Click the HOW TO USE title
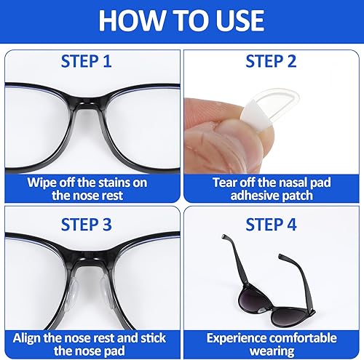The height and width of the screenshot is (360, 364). (181, 20)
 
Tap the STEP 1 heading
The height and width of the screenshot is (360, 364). (90, 61)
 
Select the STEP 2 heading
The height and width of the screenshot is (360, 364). (272, 61)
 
